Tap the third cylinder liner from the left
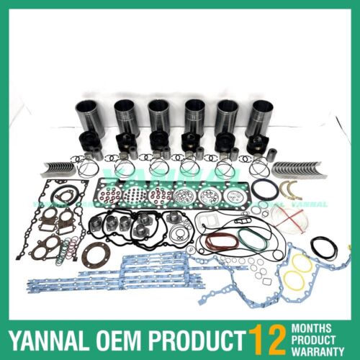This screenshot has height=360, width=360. pos(158,117)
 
